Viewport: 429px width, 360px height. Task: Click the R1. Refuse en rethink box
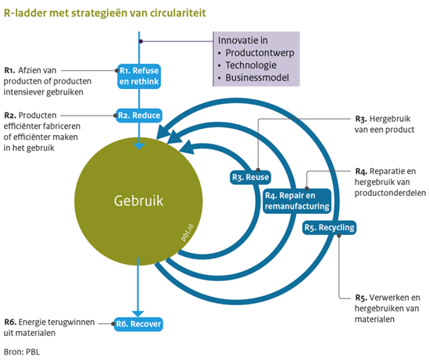[139, 77]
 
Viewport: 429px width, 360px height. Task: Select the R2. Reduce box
[139, 116]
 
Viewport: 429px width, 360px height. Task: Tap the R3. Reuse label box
[250, 177]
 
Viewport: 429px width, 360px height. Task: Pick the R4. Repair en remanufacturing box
[297, 201]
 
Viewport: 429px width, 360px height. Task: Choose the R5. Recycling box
[329, 227]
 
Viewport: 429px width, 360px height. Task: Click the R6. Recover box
[138, 324]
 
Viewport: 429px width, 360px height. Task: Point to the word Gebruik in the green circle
[139, 201]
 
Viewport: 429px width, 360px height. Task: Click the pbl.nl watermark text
[188, 233]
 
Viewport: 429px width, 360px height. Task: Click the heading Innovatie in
[243, 41]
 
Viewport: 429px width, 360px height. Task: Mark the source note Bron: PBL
[22, 351]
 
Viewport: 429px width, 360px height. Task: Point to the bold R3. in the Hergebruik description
[361, 119]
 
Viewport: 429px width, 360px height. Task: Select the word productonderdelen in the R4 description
[390, 193]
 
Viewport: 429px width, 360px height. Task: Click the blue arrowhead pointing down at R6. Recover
[138, 313]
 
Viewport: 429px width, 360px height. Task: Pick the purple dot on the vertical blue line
[141, 41]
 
